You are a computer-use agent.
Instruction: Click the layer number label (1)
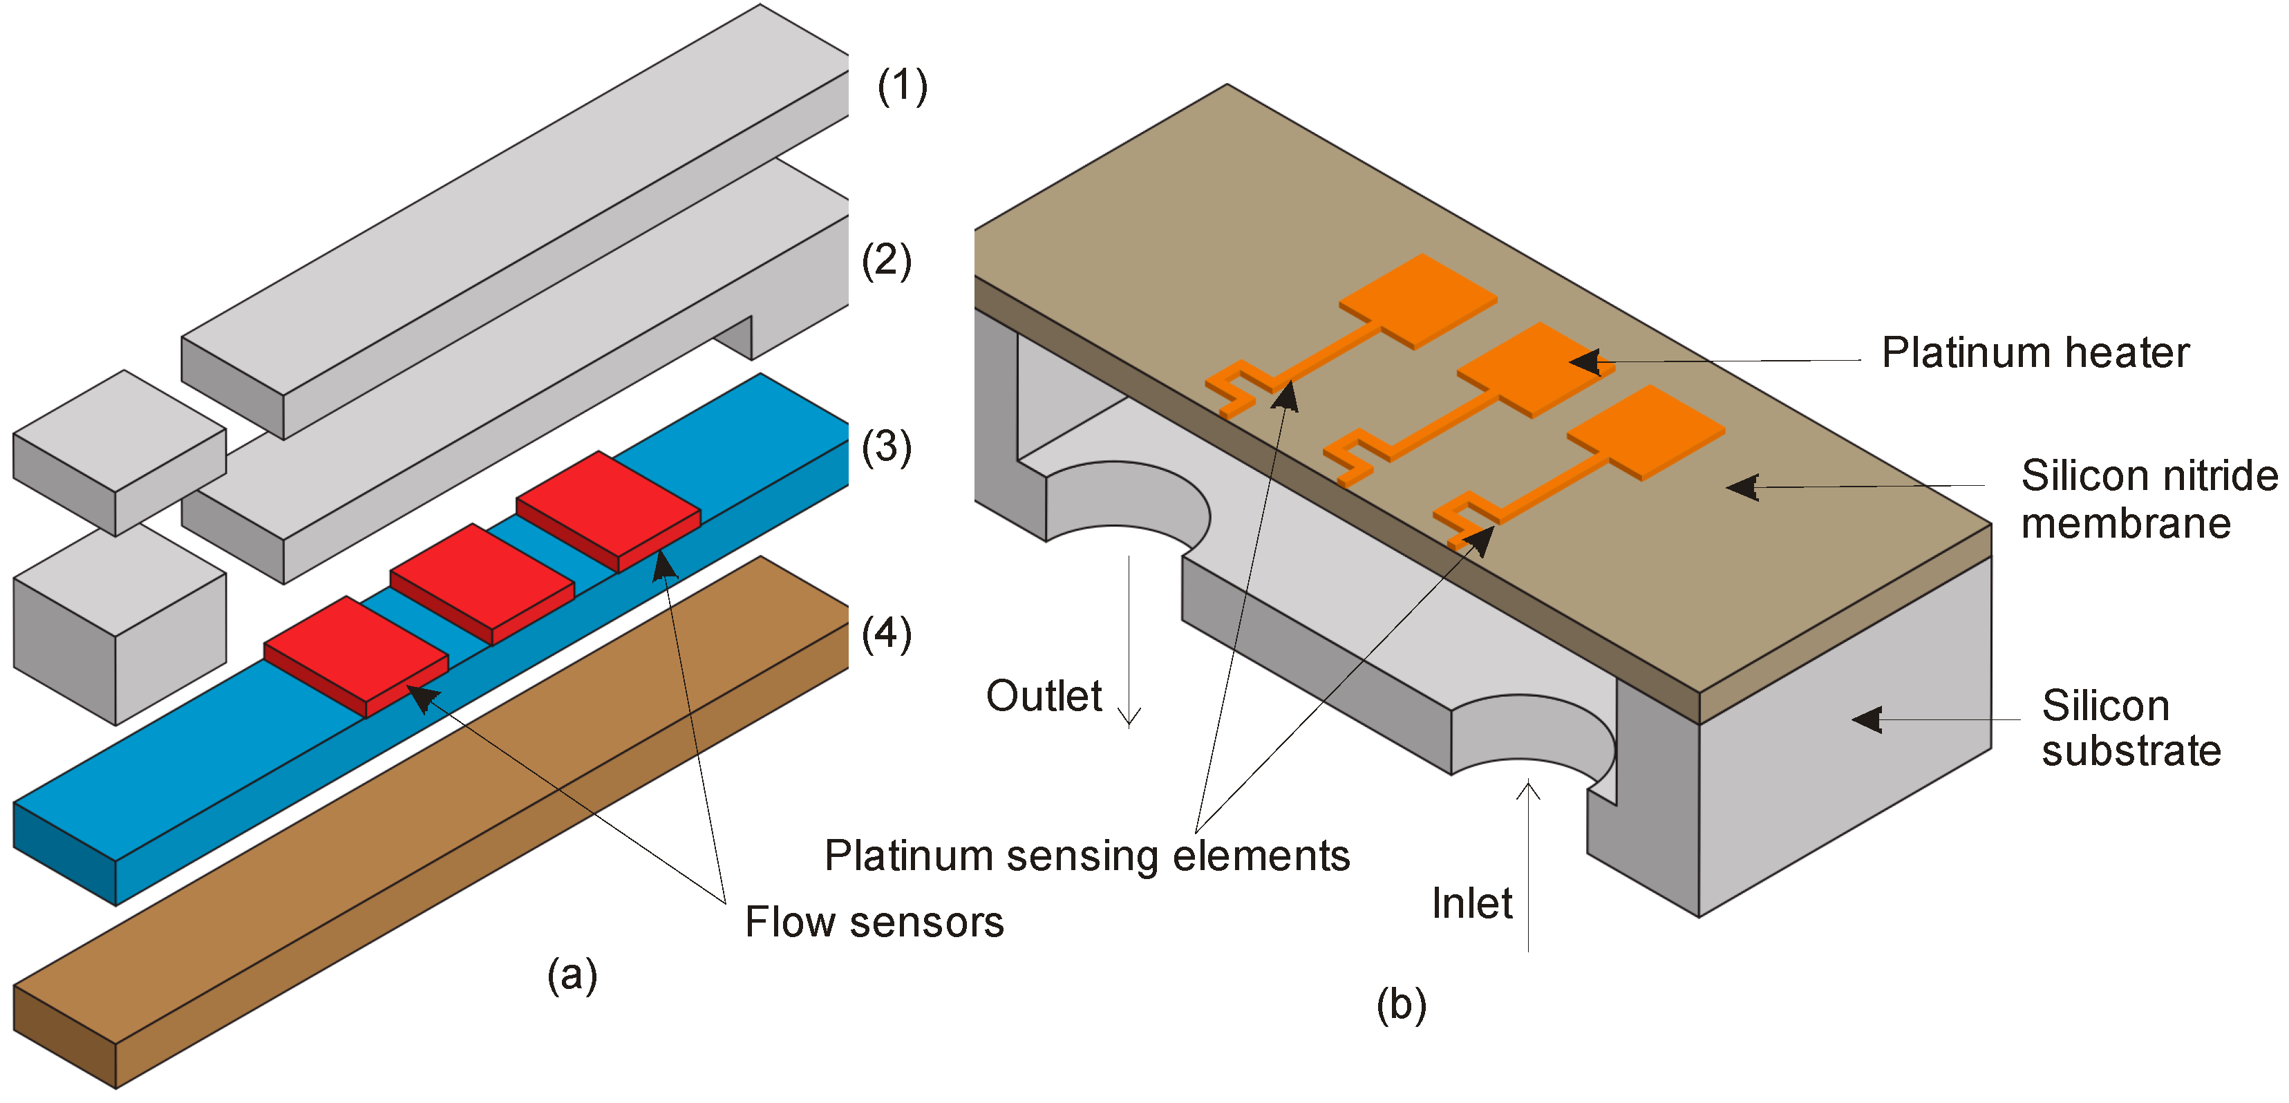pyautogui.click(x=902, y=86)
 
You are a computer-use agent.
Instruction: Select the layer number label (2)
pyautogui.click(x=886, y=261)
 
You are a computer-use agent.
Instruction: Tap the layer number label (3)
pyautogui.click(x=886, y=447)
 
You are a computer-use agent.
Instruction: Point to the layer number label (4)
pyautogui.click(x=886, y=634)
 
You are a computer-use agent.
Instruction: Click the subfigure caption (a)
pyautogui.click(x=572, y=975)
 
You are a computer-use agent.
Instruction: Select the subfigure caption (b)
pyautogui.click(x=1402, y=1006)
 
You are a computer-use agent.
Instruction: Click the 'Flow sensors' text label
pyautogui.click(x=874, y=922)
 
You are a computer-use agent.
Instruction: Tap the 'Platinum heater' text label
pyautogui.click(x=2035, y=353)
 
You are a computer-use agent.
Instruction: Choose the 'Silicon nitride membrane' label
pyautogui.click(x=2148, y=498)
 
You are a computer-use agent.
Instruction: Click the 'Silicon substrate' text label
pyautogui.click(x=2130, y=728)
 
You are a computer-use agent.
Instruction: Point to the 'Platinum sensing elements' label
pyautogui.click(x=1086, y=856)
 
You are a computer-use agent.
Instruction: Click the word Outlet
pyautogui.click(x=1044, y=696)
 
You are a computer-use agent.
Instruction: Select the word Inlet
pyautogui.click(x=1471, y=904)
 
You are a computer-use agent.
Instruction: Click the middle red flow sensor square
pyautogui.click(x=482, y=582)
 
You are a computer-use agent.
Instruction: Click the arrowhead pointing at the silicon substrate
pyautogui.click(x=1867, y=719)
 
